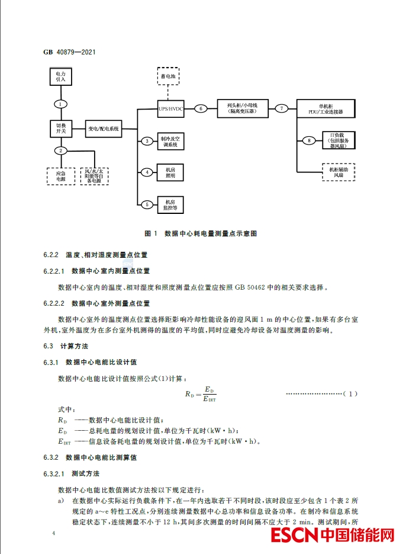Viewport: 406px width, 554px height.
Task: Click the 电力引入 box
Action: point(60,76)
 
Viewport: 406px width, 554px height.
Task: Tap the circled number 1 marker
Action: point(60,104)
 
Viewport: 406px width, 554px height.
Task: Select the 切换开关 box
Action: point(60,128)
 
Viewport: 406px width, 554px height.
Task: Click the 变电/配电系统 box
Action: point(104,129)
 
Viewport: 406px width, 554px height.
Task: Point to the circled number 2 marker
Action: point(60,150)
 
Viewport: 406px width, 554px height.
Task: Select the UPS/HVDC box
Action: point(170,109)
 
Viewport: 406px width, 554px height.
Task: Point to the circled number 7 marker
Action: point(282,108)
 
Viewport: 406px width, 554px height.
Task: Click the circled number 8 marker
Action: point(308,140)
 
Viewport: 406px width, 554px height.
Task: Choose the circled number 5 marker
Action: point(147,205)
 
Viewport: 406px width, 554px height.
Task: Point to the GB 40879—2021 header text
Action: point(69,52)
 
